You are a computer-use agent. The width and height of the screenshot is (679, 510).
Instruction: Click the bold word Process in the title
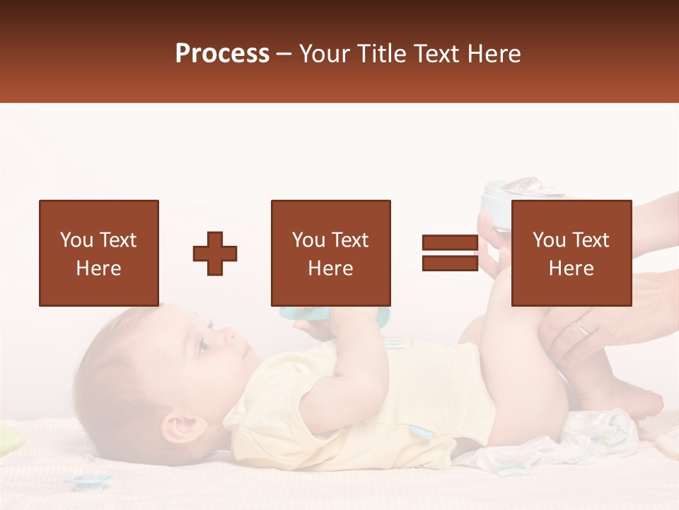(222, 54)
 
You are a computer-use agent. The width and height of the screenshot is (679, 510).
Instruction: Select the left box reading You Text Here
(99, 253)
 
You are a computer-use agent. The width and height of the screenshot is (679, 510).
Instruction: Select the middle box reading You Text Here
(331, 253)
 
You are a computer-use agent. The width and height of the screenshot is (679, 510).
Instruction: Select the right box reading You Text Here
(571, 253)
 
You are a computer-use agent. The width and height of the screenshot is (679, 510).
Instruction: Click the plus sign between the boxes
(215, 254)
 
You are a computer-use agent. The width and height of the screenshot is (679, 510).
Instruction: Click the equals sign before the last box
(450, 253)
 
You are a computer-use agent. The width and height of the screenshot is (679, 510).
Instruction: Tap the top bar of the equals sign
(450, 243)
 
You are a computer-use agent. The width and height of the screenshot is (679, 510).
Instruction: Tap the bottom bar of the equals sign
(450, 263)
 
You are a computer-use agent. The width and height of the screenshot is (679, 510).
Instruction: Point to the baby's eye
(203, 345)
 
